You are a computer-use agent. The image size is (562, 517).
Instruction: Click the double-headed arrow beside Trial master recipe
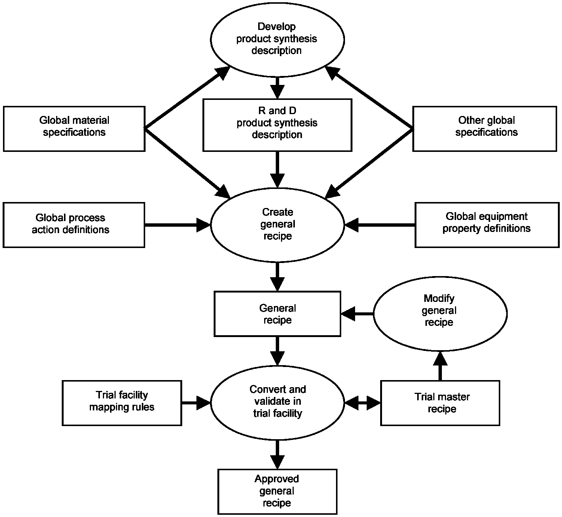pos(363,403)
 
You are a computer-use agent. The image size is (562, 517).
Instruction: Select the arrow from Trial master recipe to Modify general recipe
pos(440,366)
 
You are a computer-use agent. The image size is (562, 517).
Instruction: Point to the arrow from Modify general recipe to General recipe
pos(357,314)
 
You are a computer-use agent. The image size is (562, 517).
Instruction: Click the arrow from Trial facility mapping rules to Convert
pos(196,403)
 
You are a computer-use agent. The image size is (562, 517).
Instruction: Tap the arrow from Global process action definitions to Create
pos(178,225)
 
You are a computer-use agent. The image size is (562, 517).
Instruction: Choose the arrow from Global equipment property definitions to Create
pos(380,225)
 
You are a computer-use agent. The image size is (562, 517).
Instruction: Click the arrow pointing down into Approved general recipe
pos(277,454)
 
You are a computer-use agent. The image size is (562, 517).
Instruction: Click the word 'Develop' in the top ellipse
pos(277,27)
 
